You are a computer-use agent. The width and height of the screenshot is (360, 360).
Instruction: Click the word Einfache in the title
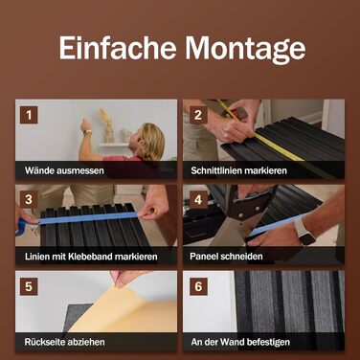(x=118, y=48)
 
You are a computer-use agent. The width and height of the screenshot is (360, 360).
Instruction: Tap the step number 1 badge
(x=29, y=115)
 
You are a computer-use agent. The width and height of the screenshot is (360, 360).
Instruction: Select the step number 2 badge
(x=198, y=115)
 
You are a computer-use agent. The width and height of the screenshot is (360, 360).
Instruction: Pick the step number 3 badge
(x=29, y=200)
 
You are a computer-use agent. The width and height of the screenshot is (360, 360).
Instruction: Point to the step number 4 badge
(x=198, y=200)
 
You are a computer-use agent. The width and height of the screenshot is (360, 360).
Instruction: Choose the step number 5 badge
(x=29, y=286)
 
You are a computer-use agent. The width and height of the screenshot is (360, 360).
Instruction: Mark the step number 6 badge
(x=198, y=286)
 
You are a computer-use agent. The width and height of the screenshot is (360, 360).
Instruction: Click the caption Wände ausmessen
(x=64, y=170)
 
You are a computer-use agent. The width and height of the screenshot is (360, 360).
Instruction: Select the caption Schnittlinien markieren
(x=238, y=170)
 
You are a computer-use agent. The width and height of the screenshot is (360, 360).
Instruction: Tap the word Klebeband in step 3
(x=90, y=257)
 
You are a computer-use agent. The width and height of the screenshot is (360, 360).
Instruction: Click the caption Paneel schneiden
(x=226, y=257)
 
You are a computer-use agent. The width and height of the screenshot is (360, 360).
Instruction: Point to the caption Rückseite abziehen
(x=64, y=342)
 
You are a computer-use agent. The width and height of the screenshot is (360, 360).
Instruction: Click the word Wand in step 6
(x=233, y=342)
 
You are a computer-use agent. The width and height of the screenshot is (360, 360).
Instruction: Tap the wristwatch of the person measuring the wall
(x=87, y=132)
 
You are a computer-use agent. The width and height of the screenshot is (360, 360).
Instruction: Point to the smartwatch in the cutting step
(x=305, y=232)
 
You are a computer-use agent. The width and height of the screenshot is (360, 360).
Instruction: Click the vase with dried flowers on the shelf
(x=108, y=126)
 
